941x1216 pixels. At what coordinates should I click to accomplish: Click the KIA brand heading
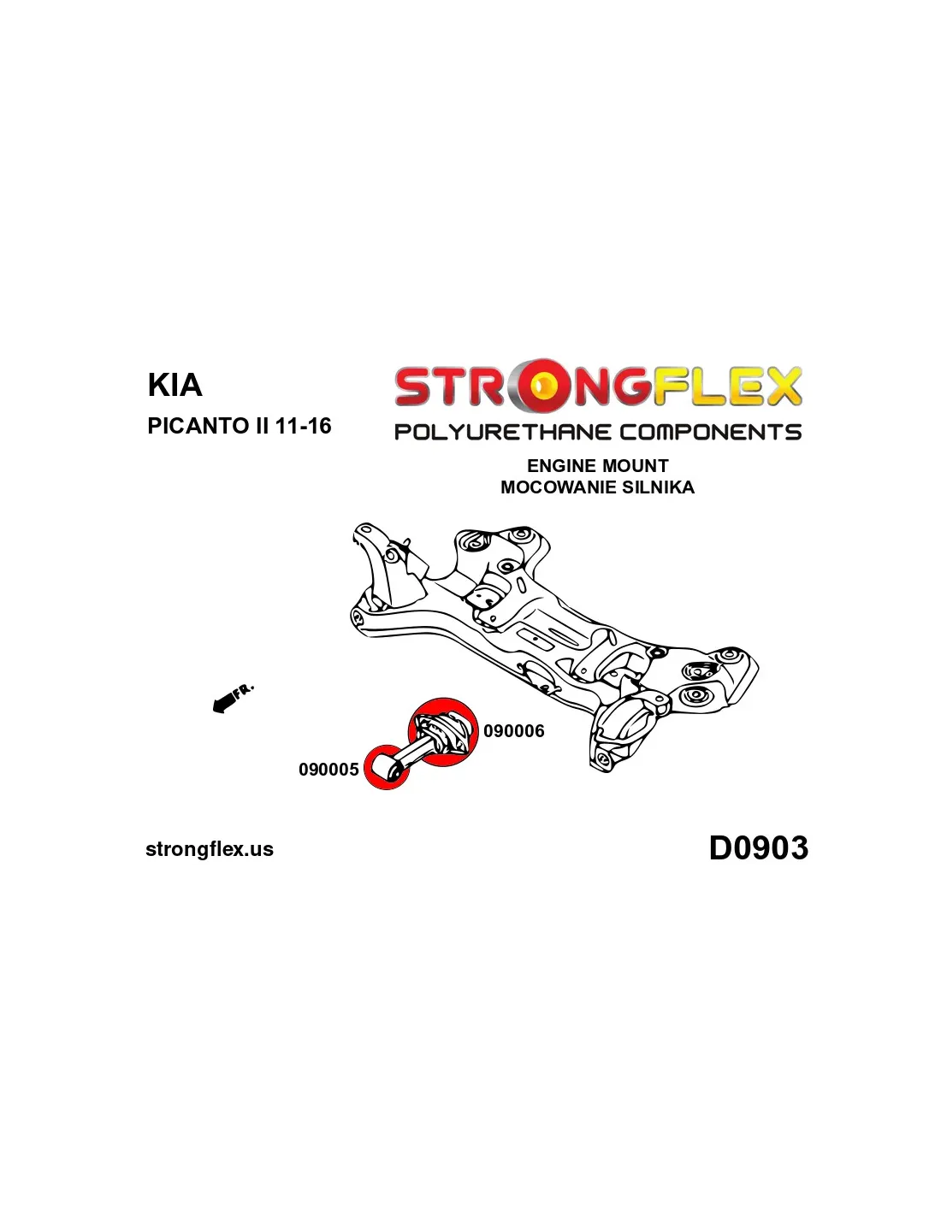(175, 385)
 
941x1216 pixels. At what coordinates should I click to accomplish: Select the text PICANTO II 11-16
(239, 426)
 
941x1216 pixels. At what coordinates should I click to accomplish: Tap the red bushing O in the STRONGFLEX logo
(544, 385)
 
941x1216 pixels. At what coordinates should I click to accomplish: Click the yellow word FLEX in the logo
(727, 386)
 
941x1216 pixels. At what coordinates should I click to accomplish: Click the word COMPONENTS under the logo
(711, 432)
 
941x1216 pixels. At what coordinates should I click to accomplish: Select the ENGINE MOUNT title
(597, 465)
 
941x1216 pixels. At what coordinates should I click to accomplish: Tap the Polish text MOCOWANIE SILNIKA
(597, 487)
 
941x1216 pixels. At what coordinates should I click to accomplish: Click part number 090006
(513, 731)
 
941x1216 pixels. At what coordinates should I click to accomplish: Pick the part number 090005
(328, 770)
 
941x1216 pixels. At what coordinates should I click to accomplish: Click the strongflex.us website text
(210, 849)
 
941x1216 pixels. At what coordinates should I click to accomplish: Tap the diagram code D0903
(759, 847)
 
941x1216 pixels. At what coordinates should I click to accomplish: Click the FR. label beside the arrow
(244, 690)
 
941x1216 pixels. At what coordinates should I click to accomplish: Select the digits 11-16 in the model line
(303, 426)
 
